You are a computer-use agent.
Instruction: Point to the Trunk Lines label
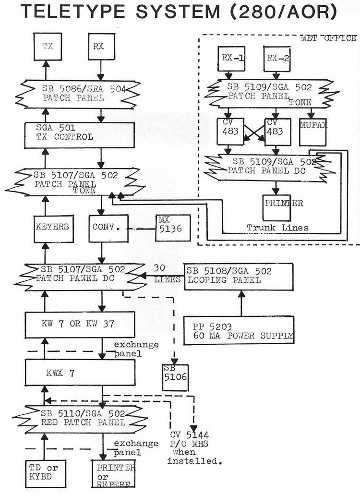pos(278,227)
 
